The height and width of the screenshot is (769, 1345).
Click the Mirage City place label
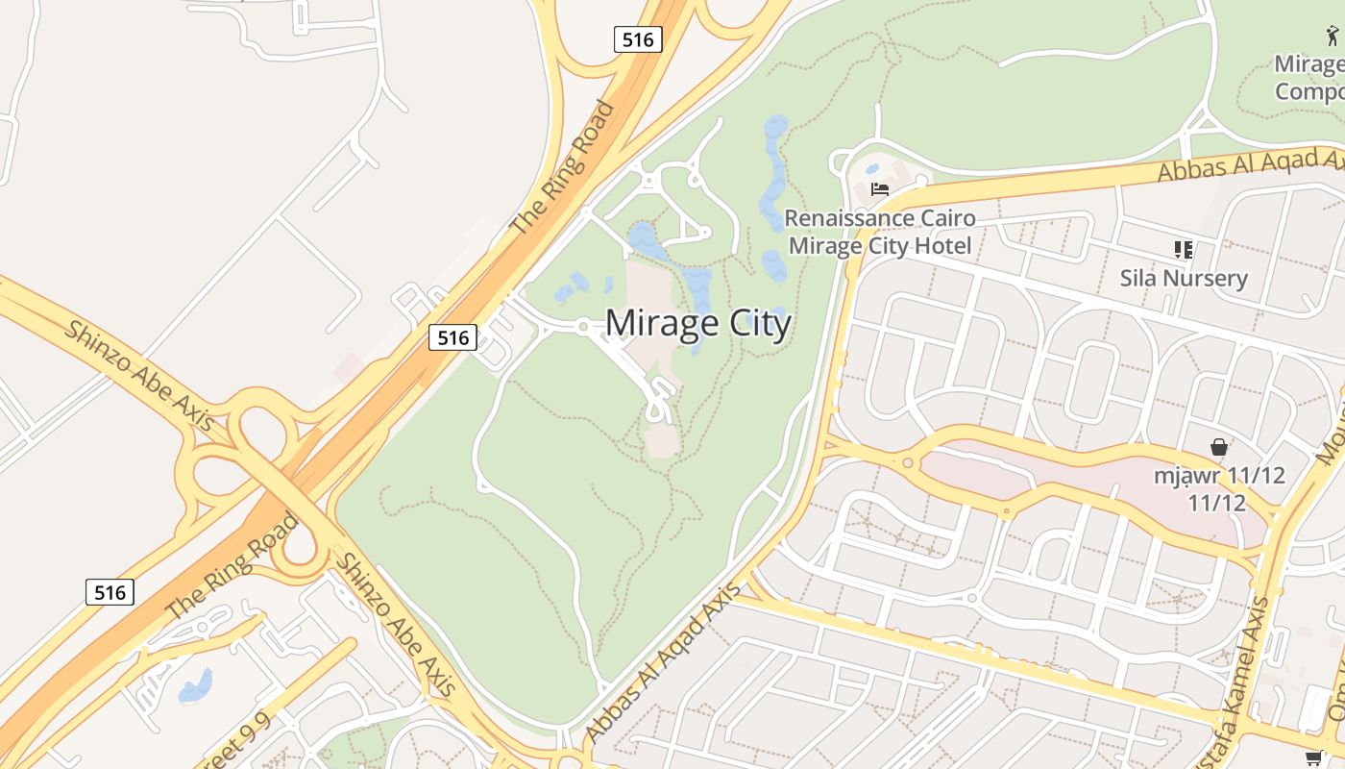pyautogui.click(x=697, y=323)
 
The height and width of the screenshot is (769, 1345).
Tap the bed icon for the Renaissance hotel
pyautogui.click(x=879, y=188)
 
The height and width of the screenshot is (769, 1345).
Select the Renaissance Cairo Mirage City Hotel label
pyautogui.click(x=880, y=232)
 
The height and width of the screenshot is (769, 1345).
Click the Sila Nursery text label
pyautogui.click(x=1184, y=279)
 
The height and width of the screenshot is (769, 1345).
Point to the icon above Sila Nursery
pyautogui.click(x=1183, y=250)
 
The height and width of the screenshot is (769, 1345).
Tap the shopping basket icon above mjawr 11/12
pyautogui.click(x=1219, y=447)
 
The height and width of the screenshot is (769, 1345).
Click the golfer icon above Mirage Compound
pyautogui.click(x=1333, y=37)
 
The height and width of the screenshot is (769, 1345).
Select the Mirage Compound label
pyautogui.click(x=1308, y=78)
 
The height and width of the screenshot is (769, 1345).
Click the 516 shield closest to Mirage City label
pyautogui.click(x=452, y=337)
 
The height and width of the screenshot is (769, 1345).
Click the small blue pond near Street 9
pyautogui.click(x=196, y=685)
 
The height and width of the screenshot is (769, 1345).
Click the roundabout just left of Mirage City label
pyautogui.click(x=583, y=328)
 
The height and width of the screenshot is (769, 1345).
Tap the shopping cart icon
pyautogui.click(x=1314, y=757)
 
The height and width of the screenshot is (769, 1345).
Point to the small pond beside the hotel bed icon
pyautogui.click(x=871, y=169)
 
